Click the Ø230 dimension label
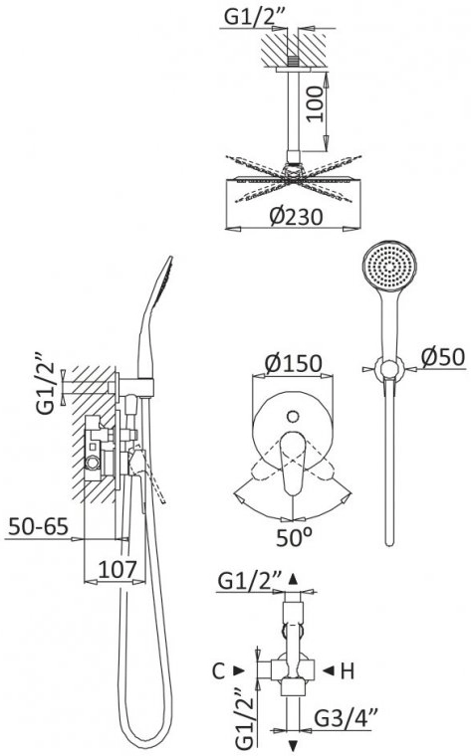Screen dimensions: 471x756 tap(296, 217)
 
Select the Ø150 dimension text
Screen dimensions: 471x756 tap(293, 363)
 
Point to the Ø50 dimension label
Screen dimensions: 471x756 tap(443, 357)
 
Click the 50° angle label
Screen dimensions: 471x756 tap(294, 537)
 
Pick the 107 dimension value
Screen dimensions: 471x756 tap(118, 570)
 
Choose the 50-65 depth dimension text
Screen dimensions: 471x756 tap(38, 526)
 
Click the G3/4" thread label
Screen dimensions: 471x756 tap(346, 718)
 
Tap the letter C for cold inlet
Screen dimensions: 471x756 tap(219, 670)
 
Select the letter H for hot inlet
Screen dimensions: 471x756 tap(347, 670)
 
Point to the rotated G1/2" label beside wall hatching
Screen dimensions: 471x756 tap(46, 383)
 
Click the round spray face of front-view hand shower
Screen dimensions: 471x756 tap(389, 267)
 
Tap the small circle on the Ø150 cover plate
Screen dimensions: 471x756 tap(292, 416)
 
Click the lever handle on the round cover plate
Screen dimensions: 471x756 tap(292, 463)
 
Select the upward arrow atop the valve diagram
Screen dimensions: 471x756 tap(293, 578)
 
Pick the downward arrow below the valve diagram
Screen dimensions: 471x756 tap(293, 743)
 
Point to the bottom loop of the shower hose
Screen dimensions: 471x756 tap(143, 739)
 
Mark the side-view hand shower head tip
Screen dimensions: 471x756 tap(170, 258)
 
